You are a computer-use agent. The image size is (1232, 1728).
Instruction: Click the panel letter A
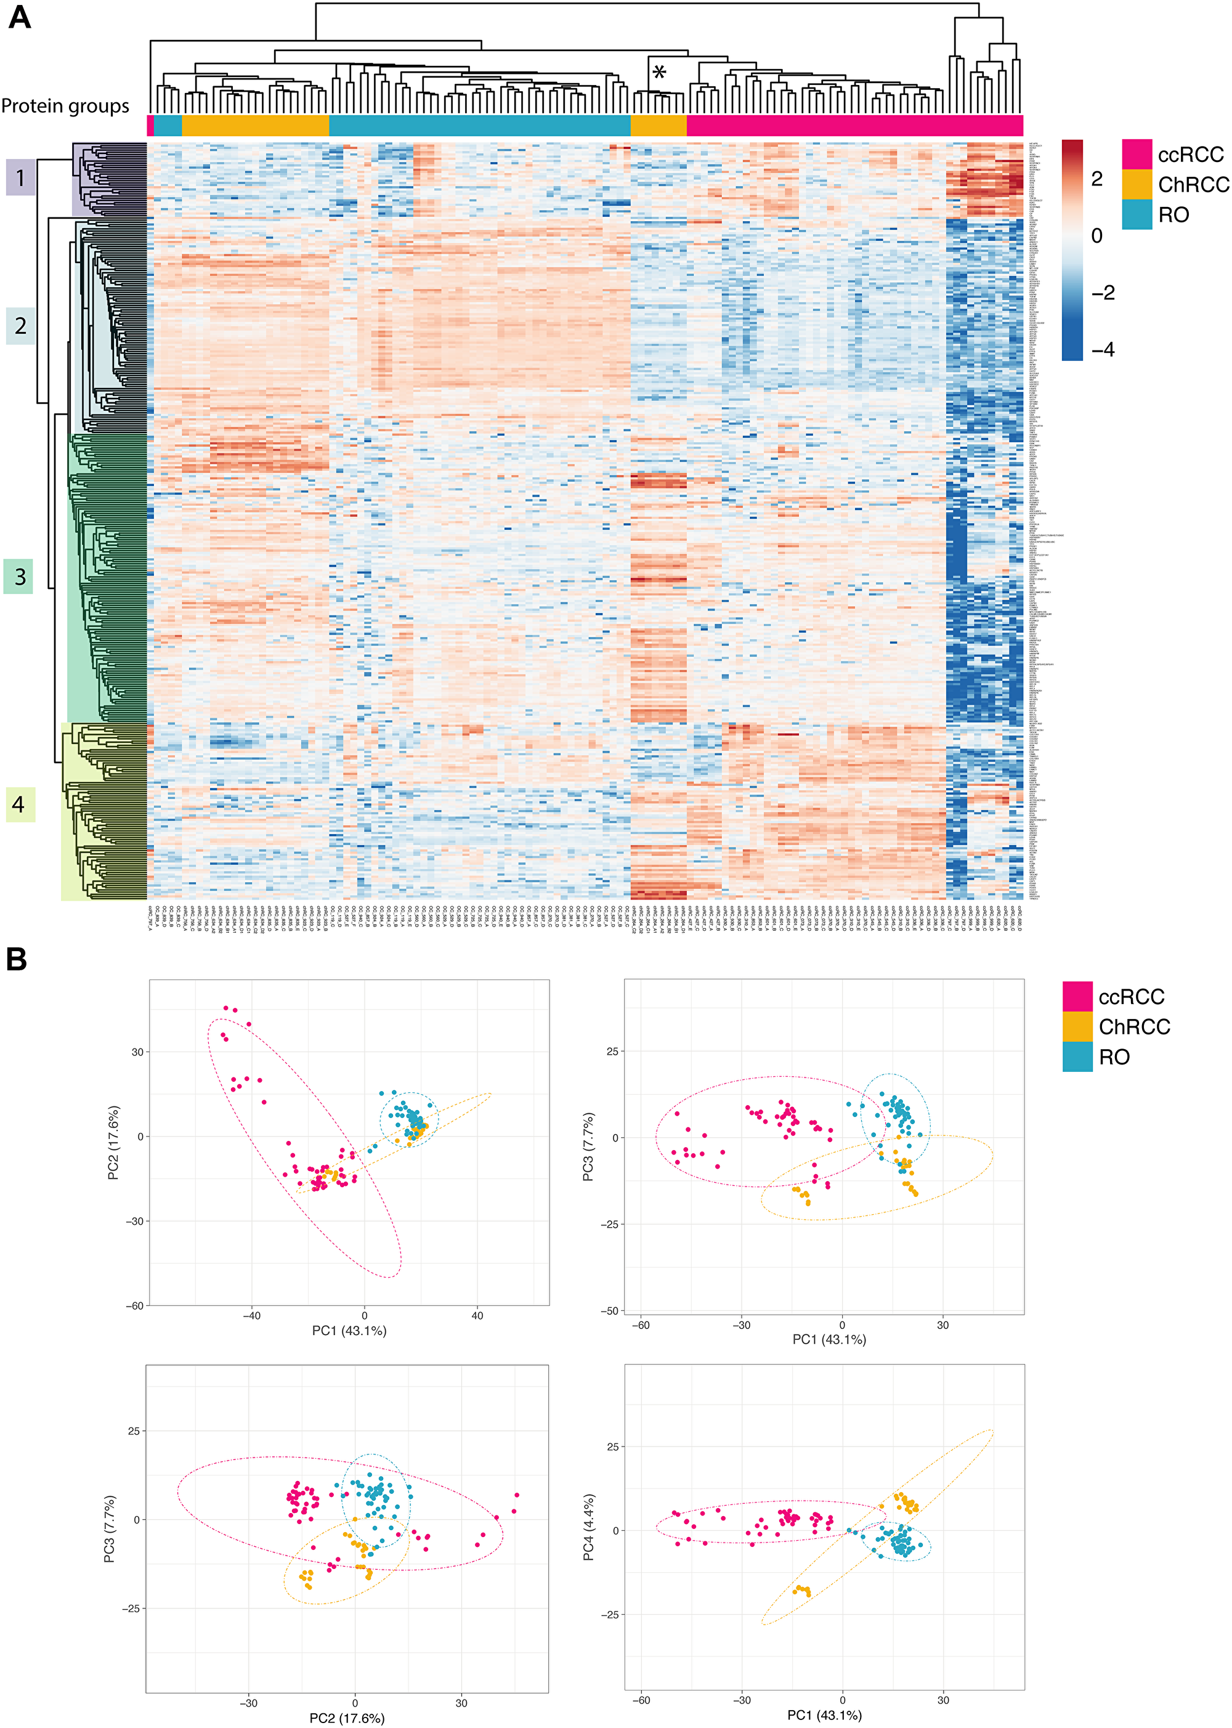(20, 17)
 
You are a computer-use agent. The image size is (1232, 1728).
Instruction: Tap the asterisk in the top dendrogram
(659, 73)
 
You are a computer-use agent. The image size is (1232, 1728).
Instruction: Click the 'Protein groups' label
(65, 106)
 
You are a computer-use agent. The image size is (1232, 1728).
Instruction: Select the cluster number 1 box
(20, 178)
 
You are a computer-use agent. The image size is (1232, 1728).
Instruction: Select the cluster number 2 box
(20, 326)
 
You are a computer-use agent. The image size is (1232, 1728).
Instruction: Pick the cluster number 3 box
(19, 577)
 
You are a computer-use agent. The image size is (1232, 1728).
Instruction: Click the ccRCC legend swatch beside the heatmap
(1137, 154)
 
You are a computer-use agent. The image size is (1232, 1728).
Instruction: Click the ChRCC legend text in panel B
(1134, 1027)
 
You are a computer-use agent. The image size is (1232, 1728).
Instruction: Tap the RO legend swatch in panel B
(1077, 1057)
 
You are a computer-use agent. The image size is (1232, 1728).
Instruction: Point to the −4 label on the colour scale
(1102, 350)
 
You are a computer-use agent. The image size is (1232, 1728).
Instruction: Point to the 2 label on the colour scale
(1097, 179)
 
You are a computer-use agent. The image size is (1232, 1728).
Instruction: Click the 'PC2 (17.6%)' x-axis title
(347, 1718)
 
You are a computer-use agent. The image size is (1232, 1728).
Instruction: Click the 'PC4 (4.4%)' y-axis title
(590, 1528)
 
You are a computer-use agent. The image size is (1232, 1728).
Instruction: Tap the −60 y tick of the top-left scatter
(134, 1305)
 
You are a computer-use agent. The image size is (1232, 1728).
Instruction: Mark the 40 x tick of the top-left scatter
(477, 1316)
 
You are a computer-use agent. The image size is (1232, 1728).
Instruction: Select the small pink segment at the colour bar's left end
(150, 125)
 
